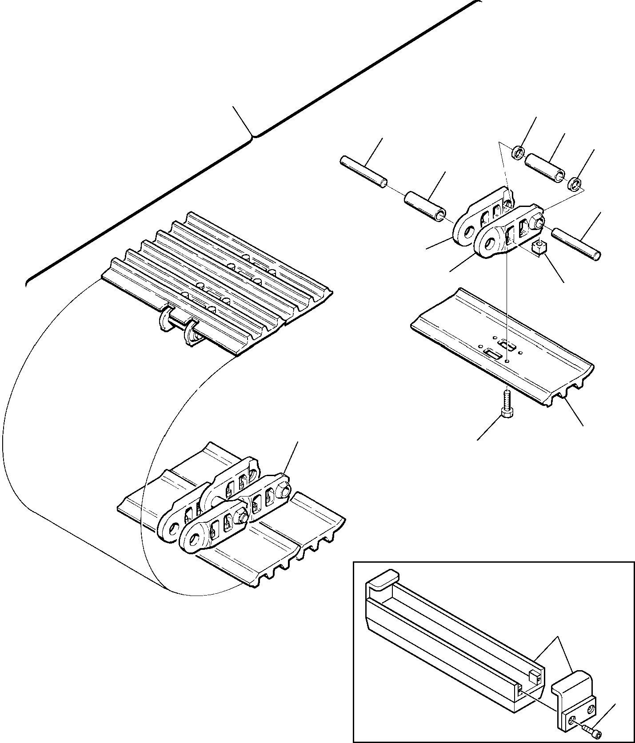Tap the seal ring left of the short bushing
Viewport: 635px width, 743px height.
point(518,155)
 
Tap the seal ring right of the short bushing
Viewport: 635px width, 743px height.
point(574,182)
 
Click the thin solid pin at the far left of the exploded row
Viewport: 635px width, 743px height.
point(363,171)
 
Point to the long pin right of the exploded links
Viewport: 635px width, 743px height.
point(576,243)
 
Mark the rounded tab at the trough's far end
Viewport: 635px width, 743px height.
point(381,579)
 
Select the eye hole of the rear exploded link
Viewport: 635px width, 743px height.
point(467,231)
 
